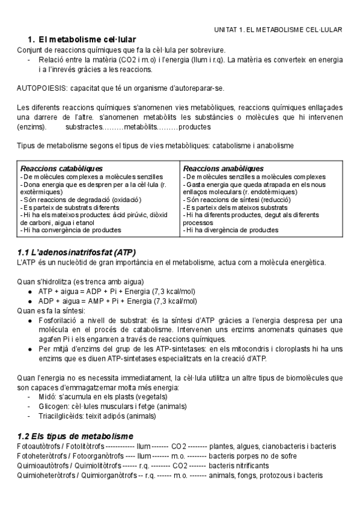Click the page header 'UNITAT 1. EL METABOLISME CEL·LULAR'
278,29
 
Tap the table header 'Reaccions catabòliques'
61,168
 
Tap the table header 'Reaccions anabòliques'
223,168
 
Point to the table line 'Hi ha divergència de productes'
231,229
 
